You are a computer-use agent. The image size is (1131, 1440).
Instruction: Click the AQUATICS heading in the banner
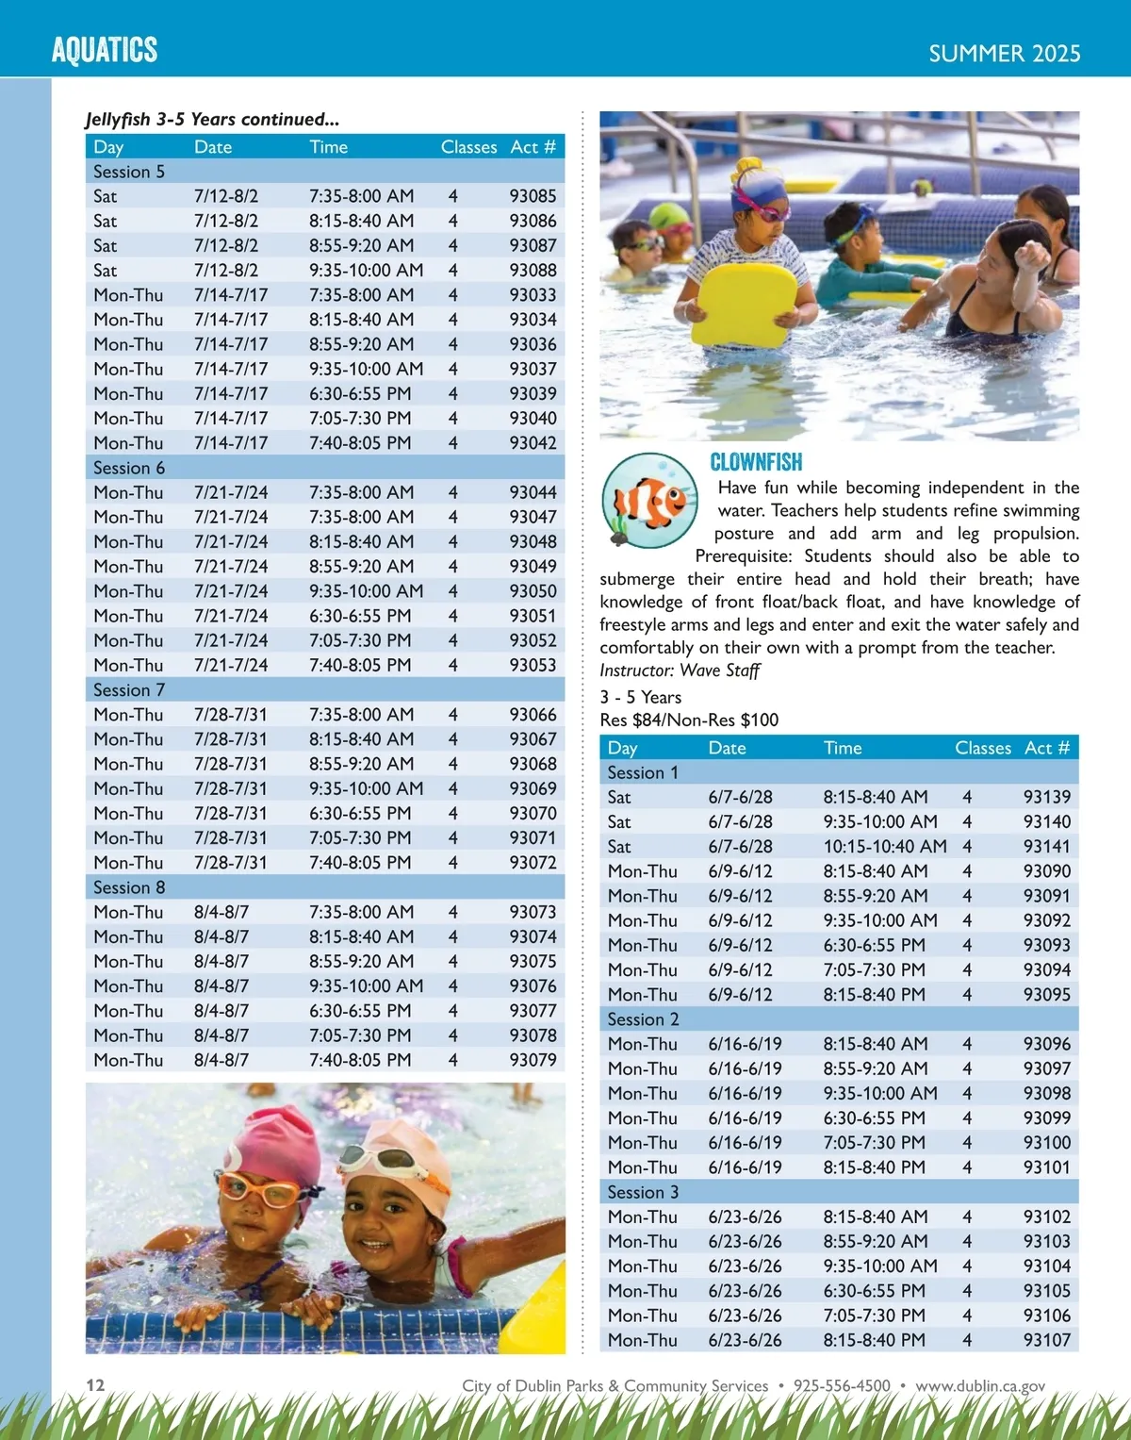tap(105, 50)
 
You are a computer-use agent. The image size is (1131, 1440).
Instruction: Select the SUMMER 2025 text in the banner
tap(1004, 54)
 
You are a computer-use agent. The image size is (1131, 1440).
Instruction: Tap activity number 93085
tap(533, 196)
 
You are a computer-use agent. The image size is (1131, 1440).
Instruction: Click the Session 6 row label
tap(129, 468)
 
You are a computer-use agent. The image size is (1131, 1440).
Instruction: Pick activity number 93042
tap(533, 443)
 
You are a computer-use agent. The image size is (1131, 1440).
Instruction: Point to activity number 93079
tap(533, 1060)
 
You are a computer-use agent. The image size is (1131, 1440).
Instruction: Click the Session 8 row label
tap(129, 887)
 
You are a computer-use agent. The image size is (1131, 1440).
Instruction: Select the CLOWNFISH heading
tap(756, 462)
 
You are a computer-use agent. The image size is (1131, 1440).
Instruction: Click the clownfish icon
tap(649, 501)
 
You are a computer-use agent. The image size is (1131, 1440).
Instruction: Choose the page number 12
tap(95, 1385)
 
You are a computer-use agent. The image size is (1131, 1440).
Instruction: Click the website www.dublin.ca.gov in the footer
tap(980, 1386)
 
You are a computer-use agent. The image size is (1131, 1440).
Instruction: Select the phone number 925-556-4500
tap(842, 1386)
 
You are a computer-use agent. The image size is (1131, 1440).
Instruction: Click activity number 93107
tap(1046, 1340)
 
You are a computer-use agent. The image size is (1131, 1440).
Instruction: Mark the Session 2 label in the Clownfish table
tap(643, 1019)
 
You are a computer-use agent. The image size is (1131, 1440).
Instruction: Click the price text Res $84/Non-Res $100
tap(689, 720)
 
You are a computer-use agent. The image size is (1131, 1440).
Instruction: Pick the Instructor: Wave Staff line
tap(680, 670)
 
